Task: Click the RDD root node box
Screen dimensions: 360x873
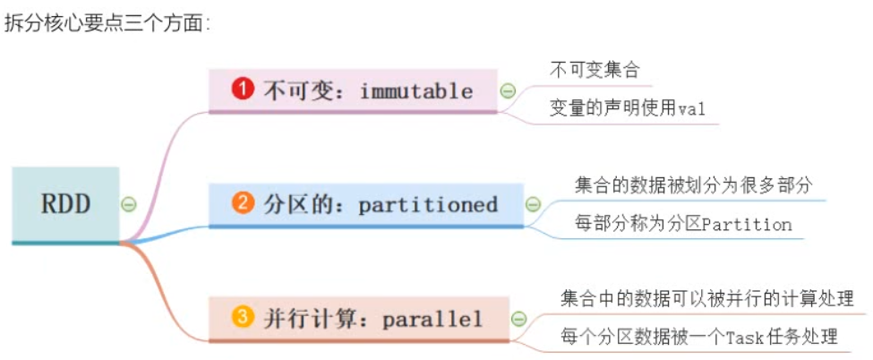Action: [x=65, y=204]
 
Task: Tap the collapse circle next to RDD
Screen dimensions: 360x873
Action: [x=129, y=205]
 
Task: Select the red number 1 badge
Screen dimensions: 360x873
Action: [x=242, y=90]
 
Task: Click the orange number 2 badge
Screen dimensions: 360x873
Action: [x=242, y=203]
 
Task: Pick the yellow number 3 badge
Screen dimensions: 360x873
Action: [x=242, y=318]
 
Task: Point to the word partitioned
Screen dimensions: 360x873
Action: [x=428, y=204]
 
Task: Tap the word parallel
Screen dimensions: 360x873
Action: [x=433, y=319]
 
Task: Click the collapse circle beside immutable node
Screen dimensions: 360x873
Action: [x=508, y=90]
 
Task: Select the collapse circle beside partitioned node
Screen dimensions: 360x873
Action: [x=533, y=204]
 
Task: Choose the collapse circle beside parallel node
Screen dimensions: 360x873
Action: [x=518, y=319]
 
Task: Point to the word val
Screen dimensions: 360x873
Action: [x=691, y=109]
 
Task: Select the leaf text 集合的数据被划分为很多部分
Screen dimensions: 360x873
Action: [x=693, y=184]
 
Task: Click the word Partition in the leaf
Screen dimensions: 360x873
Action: [x=747, y=224]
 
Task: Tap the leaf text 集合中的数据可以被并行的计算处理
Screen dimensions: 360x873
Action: [x=706, y=298]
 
